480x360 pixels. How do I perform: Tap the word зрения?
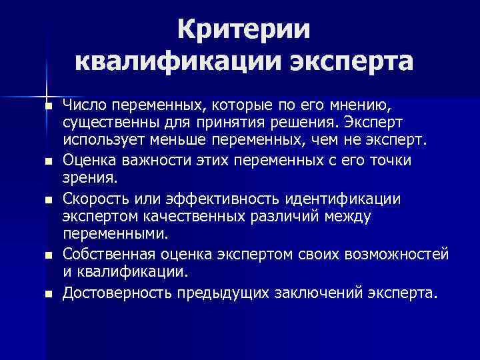coord(88,179)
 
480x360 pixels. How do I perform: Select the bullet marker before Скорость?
coord(48,199)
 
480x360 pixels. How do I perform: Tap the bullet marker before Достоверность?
coord(48,293)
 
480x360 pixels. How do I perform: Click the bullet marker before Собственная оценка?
coord(48,255)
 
